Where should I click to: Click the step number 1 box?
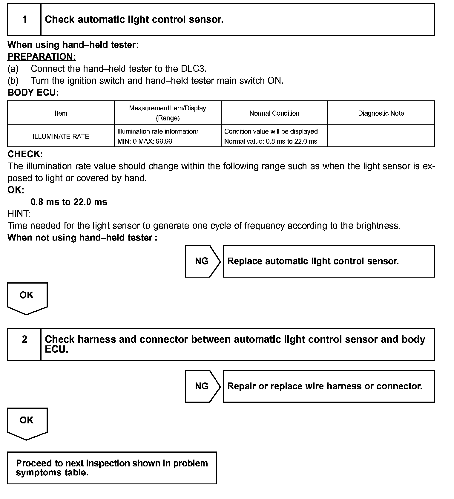24,20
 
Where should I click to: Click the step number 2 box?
24,344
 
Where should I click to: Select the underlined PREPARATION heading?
42,57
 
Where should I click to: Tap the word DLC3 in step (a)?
193,69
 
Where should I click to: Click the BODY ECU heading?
33,93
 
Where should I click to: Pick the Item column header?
61,113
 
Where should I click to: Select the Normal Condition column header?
274,113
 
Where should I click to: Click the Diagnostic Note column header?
381,113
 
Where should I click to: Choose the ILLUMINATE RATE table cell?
61,137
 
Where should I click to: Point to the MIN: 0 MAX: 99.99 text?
145,141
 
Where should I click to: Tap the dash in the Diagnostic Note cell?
381,137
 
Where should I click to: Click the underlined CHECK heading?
25,154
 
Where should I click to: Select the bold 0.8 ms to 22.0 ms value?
69,202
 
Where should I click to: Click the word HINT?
19,214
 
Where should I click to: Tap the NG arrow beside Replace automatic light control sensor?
202,261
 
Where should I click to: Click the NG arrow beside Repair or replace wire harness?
202,386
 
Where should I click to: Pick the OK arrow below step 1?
27,297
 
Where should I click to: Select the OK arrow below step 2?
27,422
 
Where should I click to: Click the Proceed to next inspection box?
112,468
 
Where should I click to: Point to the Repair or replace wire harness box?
329,386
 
